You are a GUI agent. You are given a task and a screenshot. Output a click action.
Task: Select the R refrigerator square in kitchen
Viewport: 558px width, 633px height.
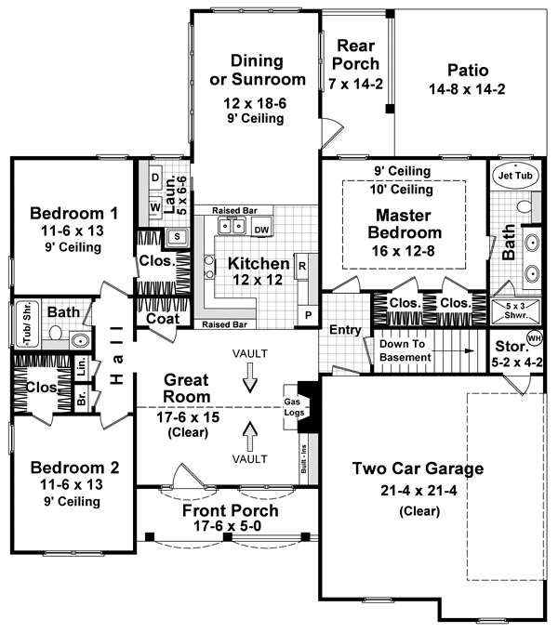coord(302,266)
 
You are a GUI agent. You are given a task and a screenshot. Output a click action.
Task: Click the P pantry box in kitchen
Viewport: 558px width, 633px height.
coord(308,315)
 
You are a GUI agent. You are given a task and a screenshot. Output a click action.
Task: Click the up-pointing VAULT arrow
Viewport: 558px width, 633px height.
coord(249,434)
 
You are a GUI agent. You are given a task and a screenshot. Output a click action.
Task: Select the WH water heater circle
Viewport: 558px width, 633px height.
coord(534,337)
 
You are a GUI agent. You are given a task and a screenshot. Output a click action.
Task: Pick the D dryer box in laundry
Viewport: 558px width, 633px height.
coord(155,176)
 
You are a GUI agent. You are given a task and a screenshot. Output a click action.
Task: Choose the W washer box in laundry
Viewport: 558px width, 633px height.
coord(155,207)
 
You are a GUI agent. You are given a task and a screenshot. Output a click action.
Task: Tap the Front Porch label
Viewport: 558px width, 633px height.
coord(230,510)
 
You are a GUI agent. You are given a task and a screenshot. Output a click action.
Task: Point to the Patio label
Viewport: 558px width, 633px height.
coord(467,71)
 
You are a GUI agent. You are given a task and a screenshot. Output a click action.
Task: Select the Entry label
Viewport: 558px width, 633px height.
coord(345,330)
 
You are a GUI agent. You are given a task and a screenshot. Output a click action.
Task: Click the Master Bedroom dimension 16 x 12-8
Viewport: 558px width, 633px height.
coord(403,251)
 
